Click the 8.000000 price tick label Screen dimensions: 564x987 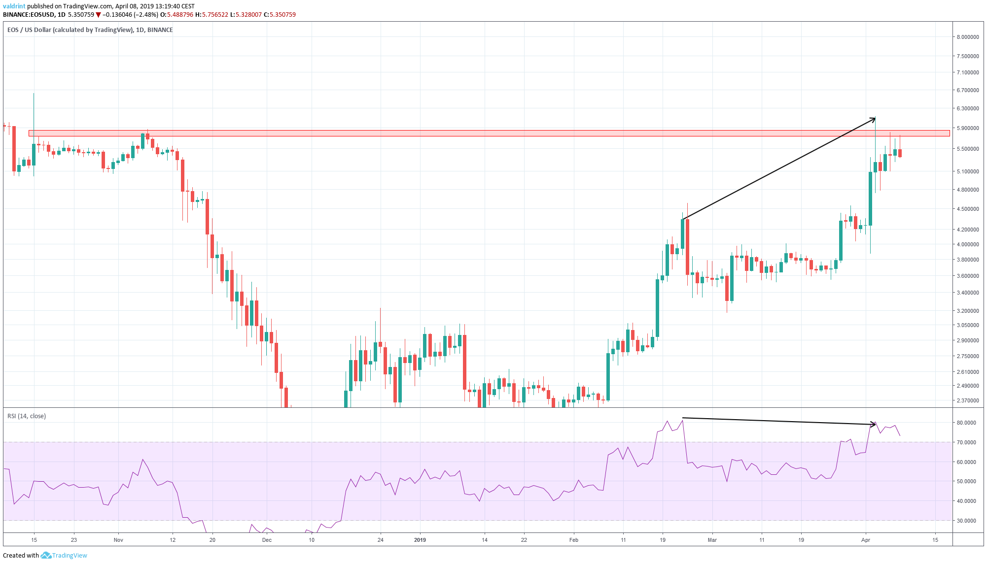click(967, 37)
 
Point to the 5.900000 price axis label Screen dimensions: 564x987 click(967, 128)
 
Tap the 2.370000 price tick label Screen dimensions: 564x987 click(967, 400)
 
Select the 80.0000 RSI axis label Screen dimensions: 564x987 click(966, 423)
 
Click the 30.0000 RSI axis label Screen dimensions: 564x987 click(966, 521)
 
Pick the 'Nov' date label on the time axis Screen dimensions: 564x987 click(118, 540)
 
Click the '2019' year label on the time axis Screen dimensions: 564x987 click(420, 540)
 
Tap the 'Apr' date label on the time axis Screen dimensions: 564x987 click(866, 540)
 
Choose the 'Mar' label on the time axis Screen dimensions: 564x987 click(712, 540)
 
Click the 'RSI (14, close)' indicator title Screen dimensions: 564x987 click(27, 416)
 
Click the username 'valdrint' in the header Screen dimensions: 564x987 click(14, 6)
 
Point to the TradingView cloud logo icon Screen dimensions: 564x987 click(46, 555)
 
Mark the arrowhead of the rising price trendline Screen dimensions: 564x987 click(874, 119)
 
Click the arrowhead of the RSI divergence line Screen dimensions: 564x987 click(875, 424)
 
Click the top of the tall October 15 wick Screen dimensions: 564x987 click(34, 94)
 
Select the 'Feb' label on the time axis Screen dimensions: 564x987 click(574, 540)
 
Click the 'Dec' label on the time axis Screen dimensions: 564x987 click(267, 540)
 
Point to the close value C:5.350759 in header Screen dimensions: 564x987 click(280, 15)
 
